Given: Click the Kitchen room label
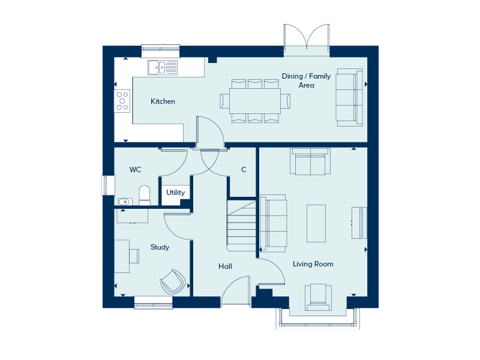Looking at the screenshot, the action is [163, 101].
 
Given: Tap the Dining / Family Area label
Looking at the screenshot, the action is [306, 80].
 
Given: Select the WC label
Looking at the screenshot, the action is [136, 170].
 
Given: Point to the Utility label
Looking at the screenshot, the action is [175, 193].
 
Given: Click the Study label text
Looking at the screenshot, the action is [160, 247].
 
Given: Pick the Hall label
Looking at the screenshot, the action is [225, 266].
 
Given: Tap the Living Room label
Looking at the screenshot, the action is [313, 264].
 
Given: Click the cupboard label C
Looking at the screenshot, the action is [244, 170].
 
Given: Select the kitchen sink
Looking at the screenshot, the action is [163, 67].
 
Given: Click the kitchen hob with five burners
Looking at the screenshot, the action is [122, 101].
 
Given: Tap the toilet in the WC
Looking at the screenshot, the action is [145, 195].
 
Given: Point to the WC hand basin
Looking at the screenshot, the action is [125, 202].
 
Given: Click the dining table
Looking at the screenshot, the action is [255, 101].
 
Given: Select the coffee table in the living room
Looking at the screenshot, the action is [316, 223].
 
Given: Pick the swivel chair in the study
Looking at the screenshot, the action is [173, 281].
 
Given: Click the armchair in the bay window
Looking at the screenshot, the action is [318, 298].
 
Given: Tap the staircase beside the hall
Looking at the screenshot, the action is [241, 226].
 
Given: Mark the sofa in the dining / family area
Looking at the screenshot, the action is [349, 97].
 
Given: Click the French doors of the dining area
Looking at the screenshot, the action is [307, 37].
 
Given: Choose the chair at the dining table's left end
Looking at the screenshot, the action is [224, 101].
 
